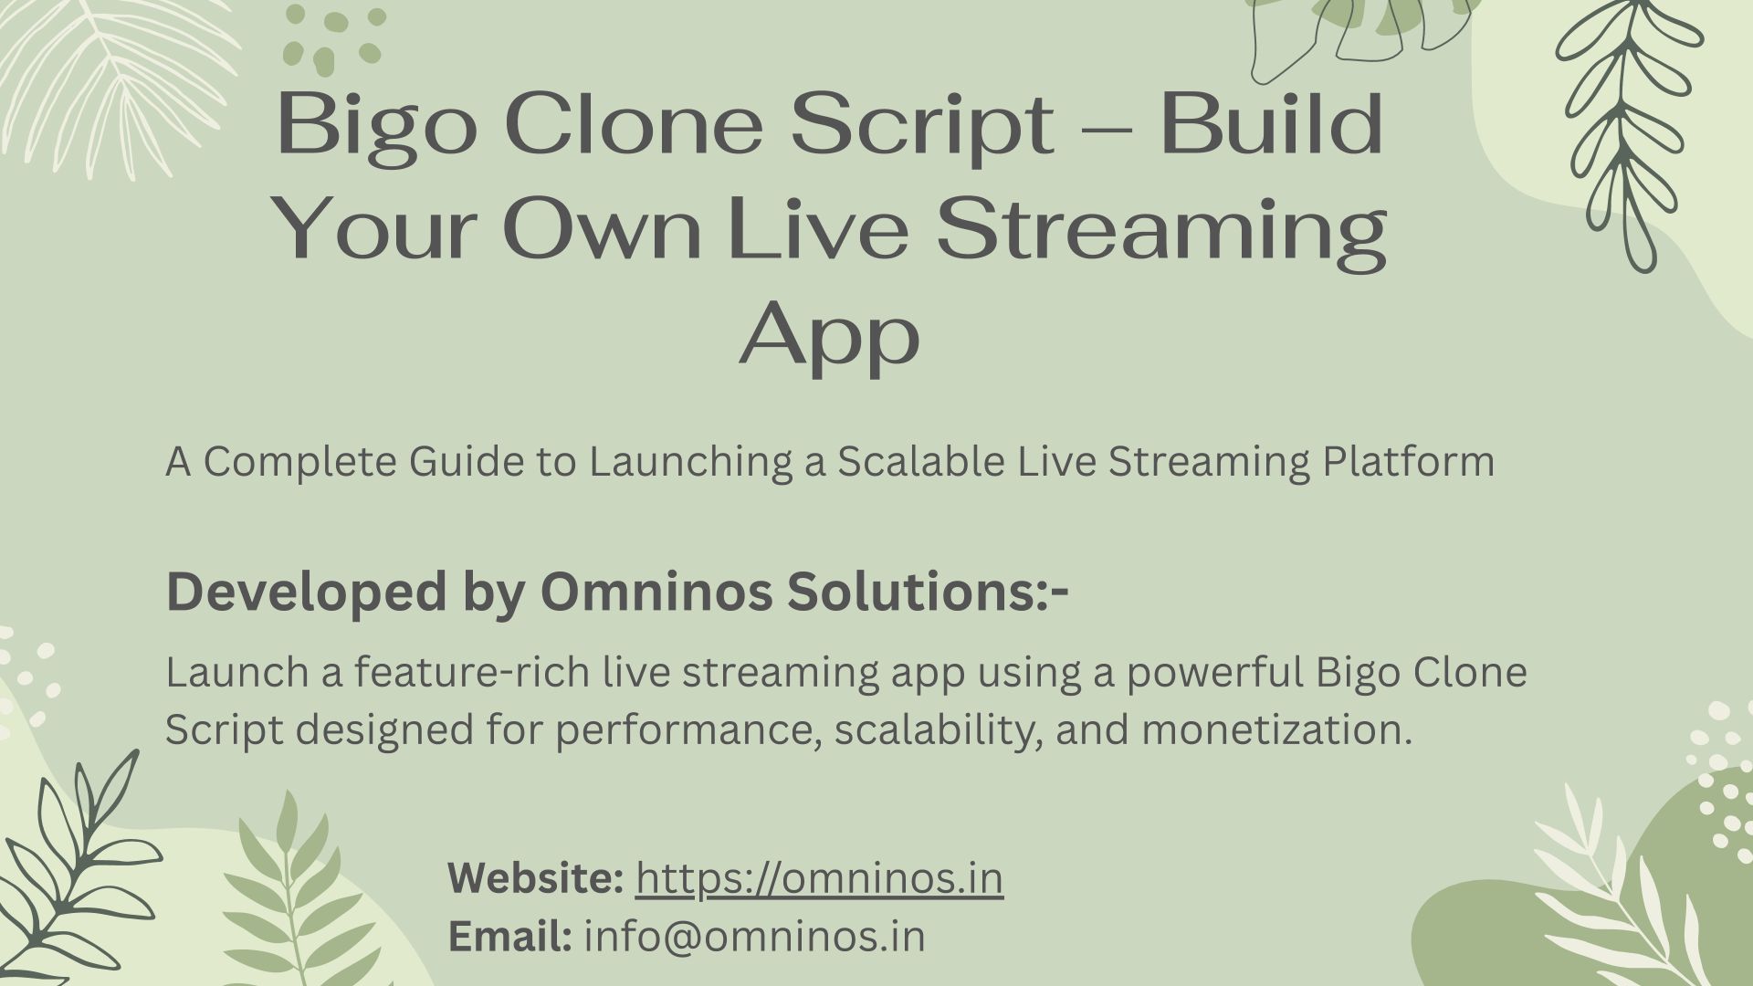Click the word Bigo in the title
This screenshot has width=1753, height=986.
377,125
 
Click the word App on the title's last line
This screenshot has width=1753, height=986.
829,336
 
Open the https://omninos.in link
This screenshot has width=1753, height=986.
819,878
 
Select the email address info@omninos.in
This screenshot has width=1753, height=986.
754,937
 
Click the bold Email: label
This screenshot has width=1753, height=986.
510,937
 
